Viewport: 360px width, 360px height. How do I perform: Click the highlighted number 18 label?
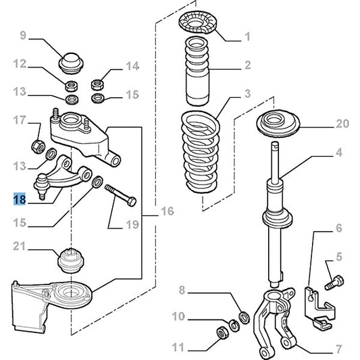pyautogui.click(x=20, y=200)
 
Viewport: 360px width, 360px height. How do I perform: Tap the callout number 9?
pyautogui.click(x=22, y=34)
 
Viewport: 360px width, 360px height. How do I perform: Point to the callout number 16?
pyautogui.click(x=166, y=212)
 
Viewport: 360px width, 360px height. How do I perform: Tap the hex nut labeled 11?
pyautogui.click(x=220, y=332)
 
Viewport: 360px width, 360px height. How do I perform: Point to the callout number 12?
pyautogui.click(x=20, y=64)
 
